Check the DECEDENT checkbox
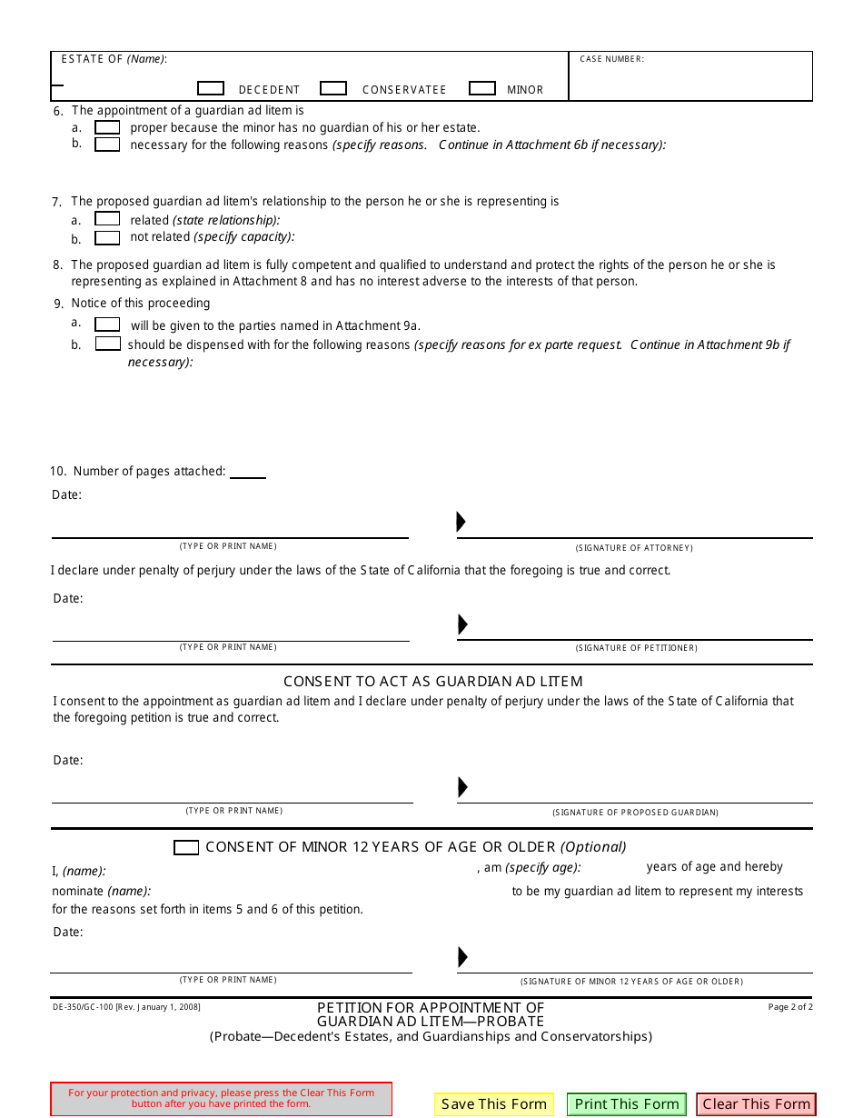[211, 88]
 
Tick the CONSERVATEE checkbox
[333, 88]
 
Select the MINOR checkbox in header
[482, 88]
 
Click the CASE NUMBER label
[611, 59]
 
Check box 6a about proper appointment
[107, 127]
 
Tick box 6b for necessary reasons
[107, 145]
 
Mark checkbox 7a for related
[107, 219]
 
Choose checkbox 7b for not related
[107, 238]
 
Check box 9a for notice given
[107, 324]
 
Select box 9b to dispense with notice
[108, 344]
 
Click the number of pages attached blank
[248, 472]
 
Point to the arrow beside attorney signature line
[461, 522]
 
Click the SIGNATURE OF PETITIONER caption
[636, 648]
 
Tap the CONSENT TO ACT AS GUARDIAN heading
[432, 681]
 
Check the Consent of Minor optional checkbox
[186, 847]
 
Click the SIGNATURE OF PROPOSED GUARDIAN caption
[635, 812]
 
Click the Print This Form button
[627, 1104]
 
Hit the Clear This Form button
[756, 1104]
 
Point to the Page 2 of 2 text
[790, 1007]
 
